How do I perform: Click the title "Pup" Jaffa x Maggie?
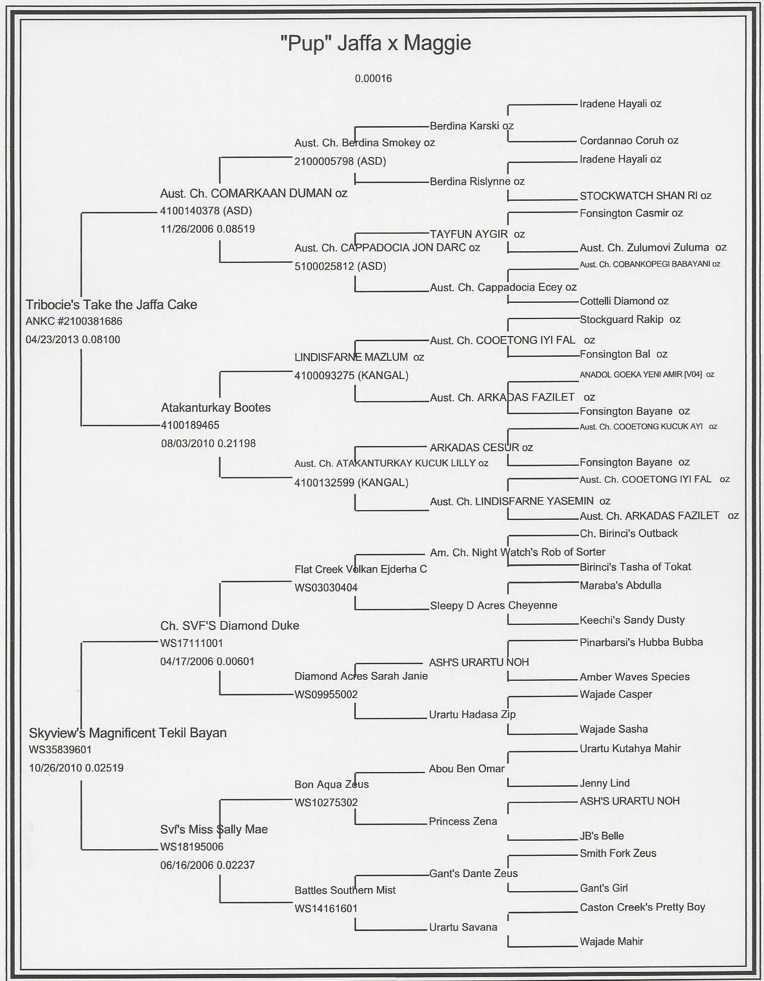pos(375,43)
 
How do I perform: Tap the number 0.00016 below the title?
pos(373,79)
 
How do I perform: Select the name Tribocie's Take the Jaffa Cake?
pos(111,305)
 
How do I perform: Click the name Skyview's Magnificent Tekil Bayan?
pos(127,733)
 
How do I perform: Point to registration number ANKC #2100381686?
pos(74,321)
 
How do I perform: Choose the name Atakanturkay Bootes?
pos(215,408)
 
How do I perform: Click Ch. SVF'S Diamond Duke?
pos(230,626)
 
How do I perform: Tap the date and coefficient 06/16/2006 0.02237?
pos(207,865)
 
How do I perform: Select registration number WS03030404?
pos(326,588)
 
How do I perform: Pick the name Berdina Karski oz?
pos(471,126)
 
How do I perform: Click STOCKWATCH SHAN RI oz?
pos(645,196)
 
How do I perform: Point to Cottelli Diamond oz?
pos(624,301)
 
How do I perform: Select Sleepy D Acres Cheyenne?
pos(493,606)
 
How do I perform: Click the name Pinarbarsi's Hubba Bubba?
pos(641,642)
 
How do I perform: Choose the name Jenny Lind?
pos(605,783)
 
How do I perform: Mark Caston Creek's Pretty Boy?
pos(642,907)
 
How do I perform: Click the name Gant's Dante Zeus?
pos(473,874)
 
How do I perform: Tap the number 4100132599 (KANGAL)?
pos(351,483)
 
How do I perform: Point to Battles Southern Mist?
pos(345,890)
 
